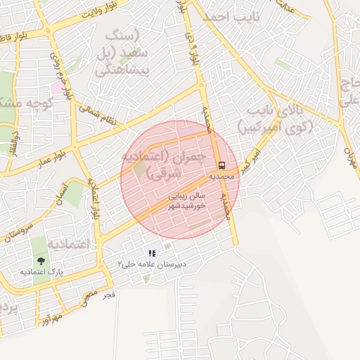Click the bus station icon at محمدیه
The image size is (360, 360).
coord(222,166)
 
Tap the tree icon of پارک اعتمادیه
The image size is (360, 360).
coord(39,262)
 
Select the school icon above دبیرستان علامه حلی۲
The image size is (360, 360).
coord(152,253)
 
